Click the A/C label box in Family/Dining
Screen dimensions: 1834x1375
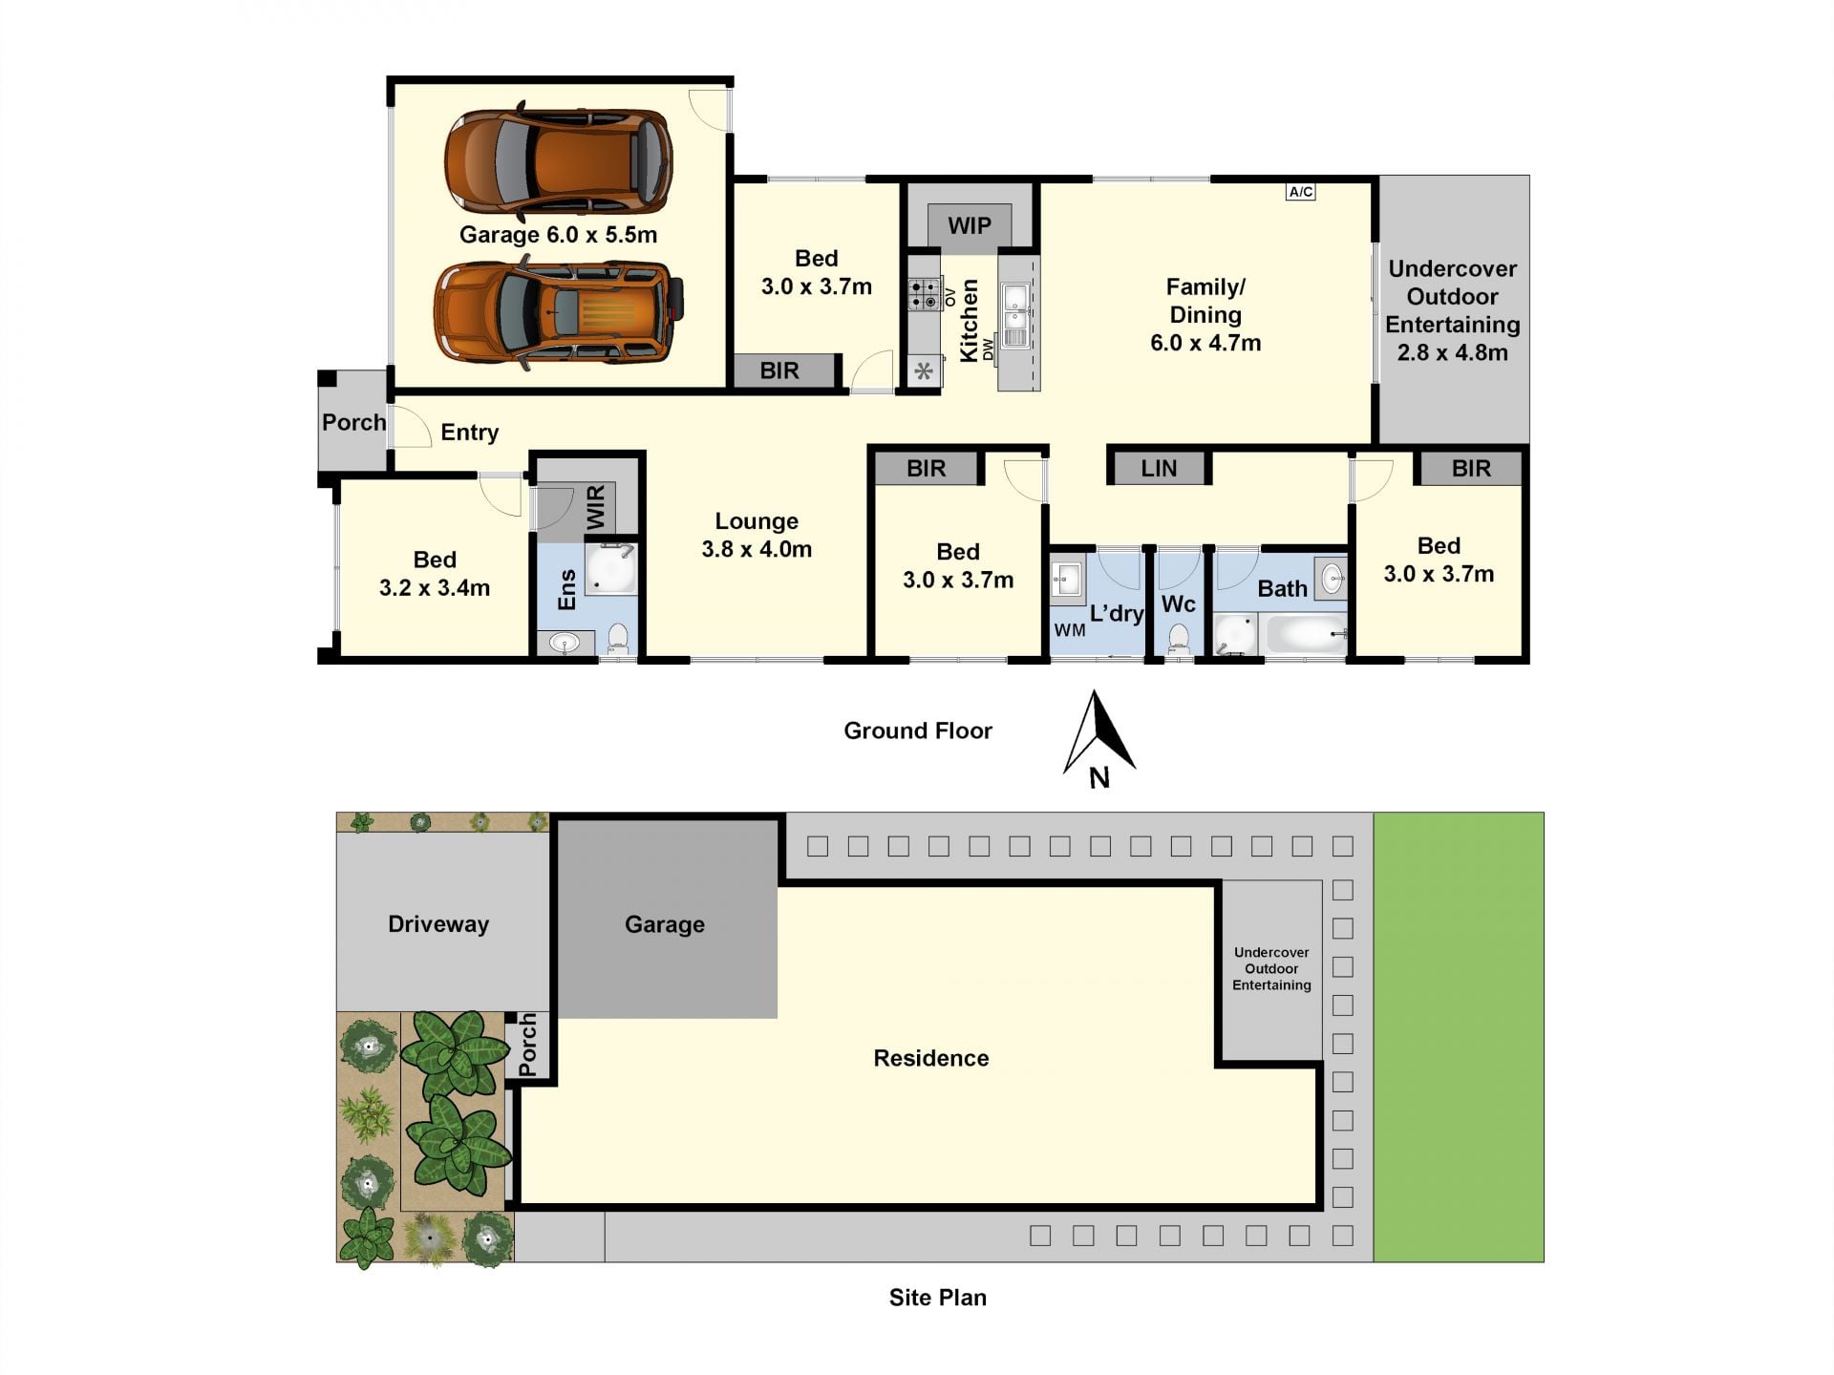click(1301, 192)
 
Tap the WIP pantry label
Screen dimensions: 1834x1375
click(970, 225)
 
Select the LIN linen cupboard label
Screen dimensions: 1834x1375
click(1159, 468)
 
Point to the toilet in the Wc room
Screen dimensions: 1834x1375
click(1179, 637)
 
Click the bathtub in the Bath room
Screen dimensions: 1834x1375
click(1305, 634)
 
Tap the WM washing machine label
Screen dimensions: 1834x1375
click(1070, 630)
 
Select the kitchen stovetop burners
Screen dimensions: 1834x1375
click(924, 294)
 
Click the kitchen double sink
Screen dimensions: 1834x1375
click(1015, 316)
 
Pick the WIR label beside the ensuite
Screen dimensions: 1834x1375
click(595, 507)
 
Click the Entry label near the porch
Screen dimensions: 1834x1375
click(469, 433)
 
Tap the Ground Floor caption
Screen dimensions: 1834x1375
click(918, 730)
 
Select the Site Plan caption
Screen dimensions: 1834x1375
click(938, 1297)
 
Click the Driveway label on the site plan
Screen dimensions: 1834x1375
click(438, 923)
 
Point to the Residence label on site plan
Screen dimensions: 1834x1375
click(931, 1058)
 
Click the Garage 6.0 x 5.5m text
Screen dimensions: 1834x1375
click(559, 235)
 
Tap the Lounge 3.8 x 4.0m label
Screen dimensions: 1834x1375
click(757, 535)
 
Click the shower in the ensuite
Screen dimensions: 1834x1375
click(610, 569)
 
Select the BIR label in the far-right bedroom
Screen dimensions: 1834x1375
click(1471, 468)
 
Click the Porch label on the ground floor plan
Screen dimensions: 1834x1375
click(353, 422)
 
